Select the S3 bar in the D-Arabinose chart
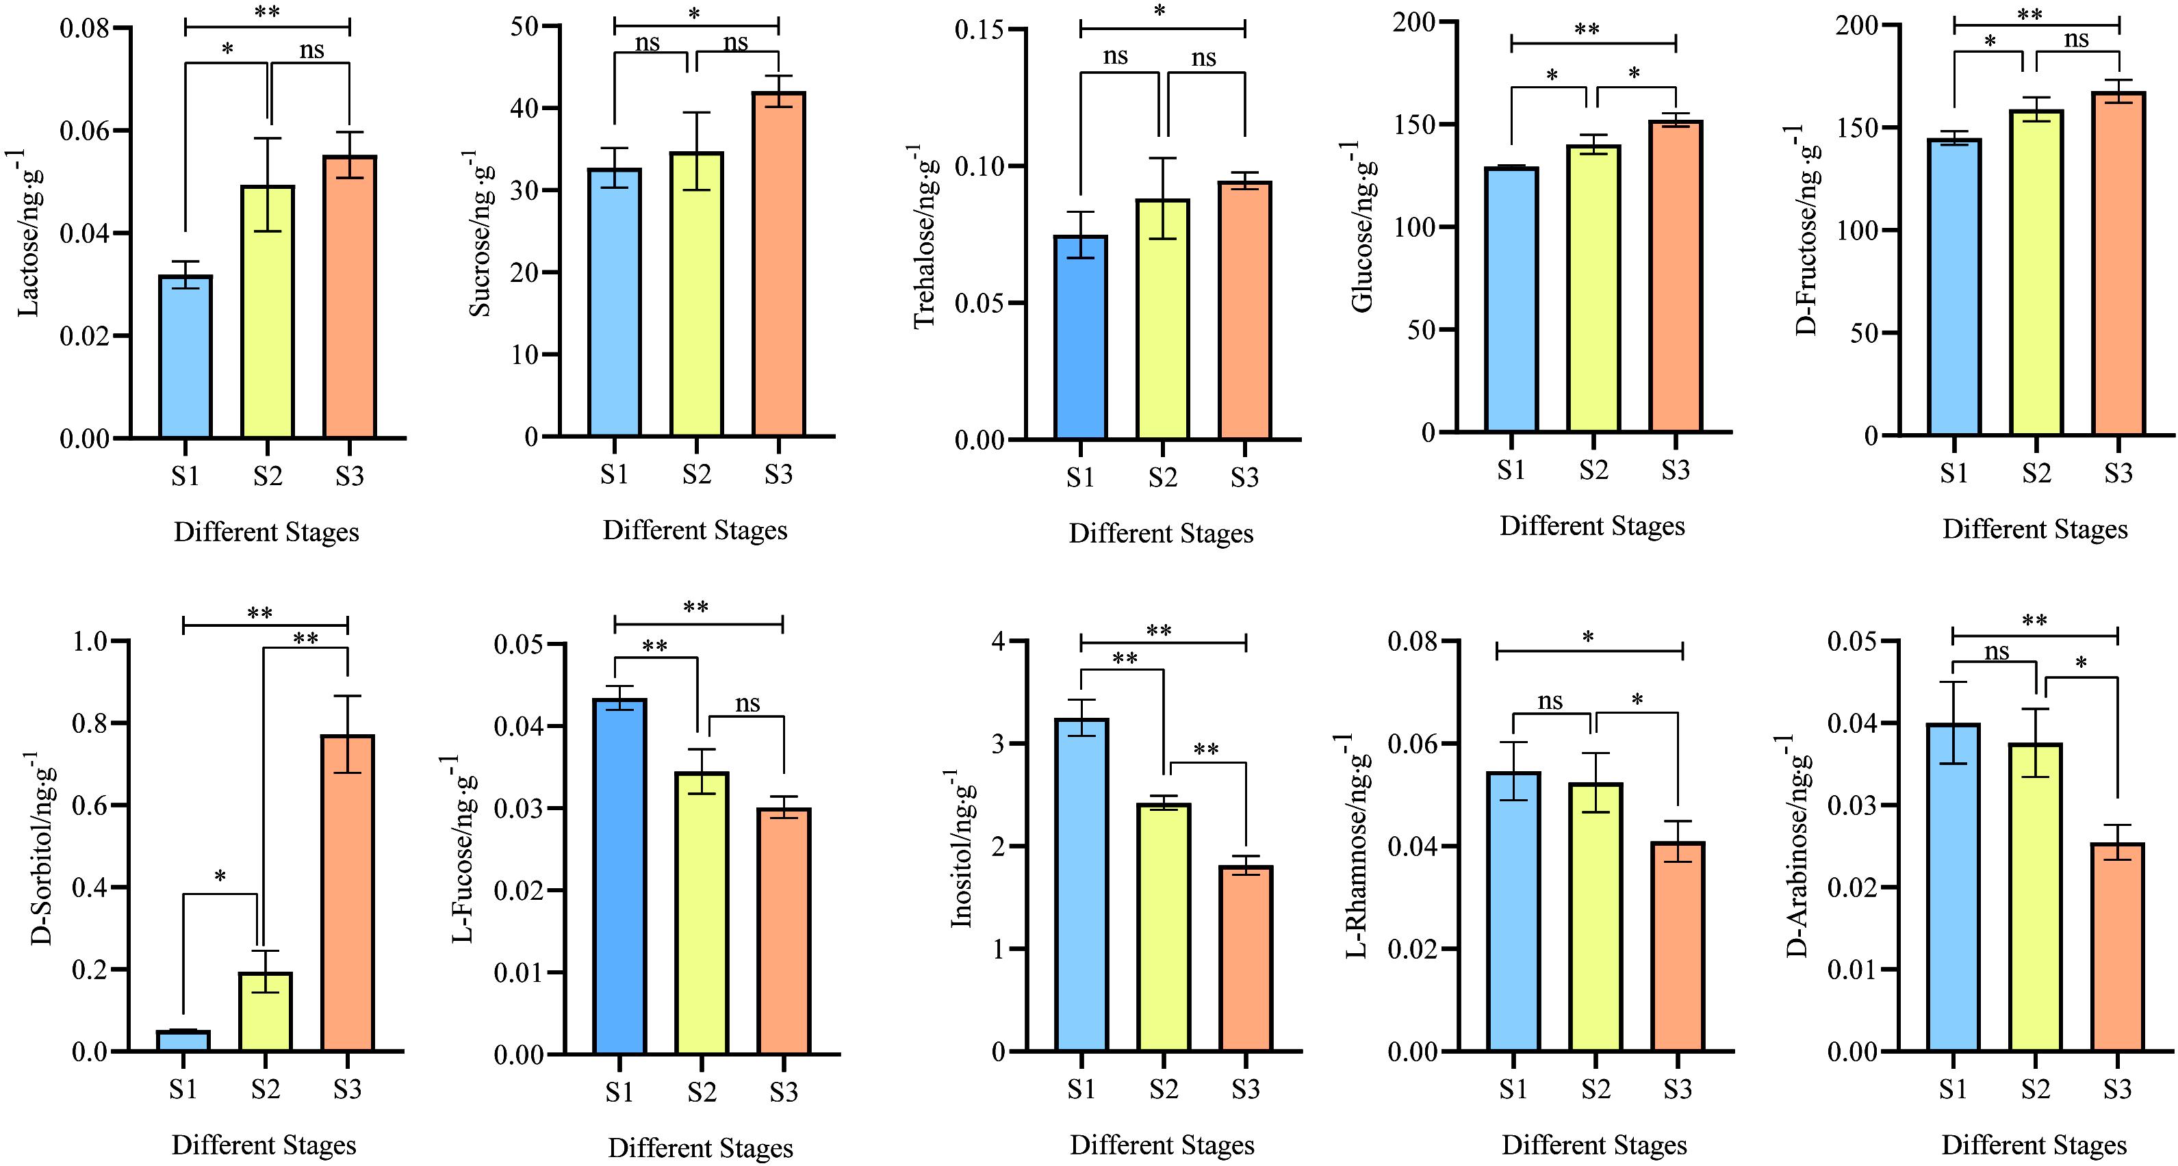click(x=2117, y=946)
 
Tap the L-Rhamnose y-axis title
click(x=1357, y=846)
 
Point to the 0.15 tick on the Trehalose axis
click(x=979, y=30)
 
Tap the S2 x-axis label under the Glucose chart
click(x=1593, y=470)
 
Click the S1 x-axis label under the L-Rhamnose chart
click(x=1513, y=1090)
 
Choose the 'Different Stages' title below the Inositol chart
click(x=1162, y=1145)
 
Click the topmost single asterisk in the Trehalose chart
click(x=1160, y=12)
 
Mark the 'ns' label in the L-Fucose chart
click(x=747, y=703)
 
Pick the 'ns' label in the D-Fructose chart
click(x=2076, y=40)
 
